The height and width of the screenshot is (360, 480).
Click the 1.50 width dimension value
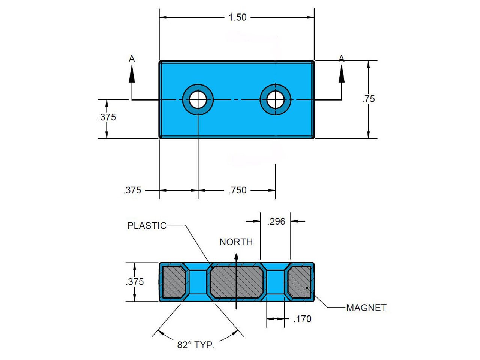pyautogui.click(x=238, y=17)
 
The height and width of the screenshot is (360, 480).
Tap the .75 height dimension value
pyautogui.click(x=369, y=99)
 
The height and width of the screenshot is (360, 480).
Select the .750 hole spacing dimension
pyautogui.click(x=238, y=190)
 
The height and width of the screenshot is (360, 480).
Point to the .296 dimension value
pyautogui.click(x=276, y=222)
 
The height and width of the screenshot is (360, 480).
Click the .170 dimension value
pyautogui.click(x=302, y=319)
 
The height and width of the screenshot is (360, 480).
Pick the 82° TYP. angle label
pyautogui.click(x=196, y=345)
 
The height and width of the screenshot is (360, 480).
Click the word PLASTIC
pyautogui.click(x=147, y=226)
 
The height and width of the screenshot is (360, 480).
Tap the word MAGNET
pyautogui.click(x=366, y=308)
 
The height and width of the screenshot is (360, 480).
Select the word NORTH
pyautogui.click(x=236, y=242)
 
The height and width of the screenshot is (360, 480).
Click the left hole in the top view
pyautogui.click(x=198, y=99)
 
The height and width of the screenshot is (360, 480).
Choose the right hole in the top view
pyautogui.click(x=276, y=99)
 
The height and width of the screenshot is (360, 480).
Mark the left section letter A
pyautogui.click(x=132, y=59)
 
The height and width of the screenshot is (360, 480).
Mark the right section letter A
pyautogui.click(x=341, y=59)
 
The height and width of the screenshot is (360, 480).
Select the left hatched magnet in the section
pyautogui.click(x=174, y=282)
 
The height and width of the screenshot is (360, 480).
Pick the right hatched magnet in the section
pyautogui.click(x=299, y=282)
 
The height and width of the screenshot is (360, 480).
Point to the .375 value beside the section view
pyautogui.click(x=135, y=282)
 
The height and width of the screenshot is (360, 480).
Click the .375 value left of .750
pyautogui.click(x=132, y=190)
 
